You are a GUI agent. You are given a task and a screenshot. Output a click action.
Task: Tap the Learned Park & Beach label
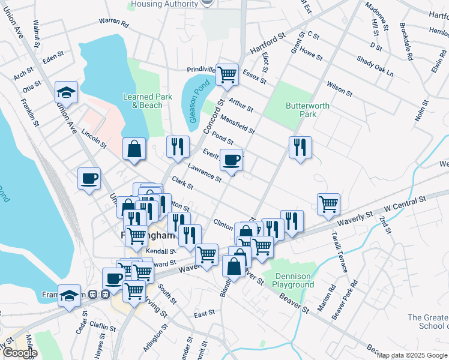(143, 101)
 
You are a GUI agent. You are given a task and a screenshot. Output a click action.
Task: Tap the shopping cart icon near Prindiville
(228, 75)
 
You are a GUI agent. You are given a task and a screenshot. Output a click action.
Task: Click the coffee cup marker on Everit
(231, 160)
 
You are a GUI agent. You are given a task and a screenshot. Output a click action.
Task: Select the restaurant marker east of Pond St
(298, 147)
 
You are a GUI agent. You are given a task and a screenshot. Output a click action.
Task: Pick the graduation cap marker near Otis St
(66, 92)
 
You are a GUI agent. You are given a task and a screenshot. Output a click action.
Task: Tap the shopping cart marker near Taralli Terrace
(328, 204)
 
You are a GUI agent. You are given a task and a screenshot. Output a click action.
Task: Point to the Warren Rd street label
(114, 23)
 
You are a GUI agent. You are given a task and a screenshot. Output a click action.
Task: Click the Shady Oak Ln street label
(375, 66)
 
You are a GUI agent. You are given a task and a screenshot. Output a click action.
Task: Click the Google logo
(19, 353)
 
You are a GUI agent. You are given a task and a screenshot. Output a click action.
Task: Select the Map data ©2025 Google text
(412, 355)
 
